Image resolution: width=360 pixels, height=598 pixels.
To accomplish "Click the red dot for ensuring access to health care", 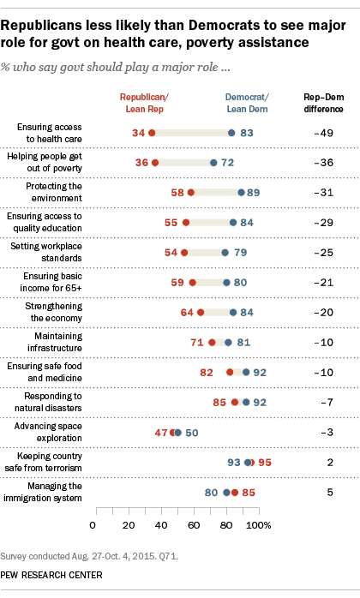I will pyautogui.click(x=151, y=133).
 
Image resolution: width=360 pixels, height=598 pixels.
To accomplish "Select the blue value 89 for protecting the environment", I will pyautogui.click(x=255, y=193).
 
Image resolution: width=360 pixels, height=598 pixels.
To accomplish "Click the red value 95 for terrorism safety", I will pyautogui.click(x=265, y=463).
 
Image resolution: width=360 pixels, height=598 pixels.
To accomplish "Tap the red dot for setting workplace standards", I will pyautogui.click(x=184, y=253).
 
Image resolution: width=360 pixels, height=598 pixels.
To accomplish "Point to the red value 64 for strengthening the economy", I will pyautogui.click(x=186, y=313).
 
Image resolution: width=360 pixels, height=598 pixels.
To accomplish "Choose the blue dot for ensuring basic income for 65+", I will pyautogui.click(x=227, y=283).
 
